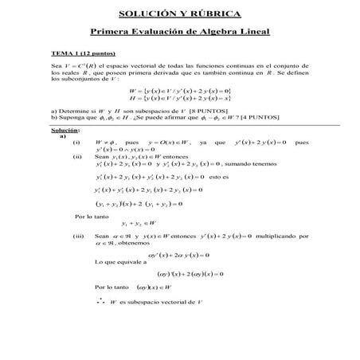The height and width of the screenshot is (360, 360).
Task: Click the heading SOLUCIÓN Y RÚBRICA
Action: point(179,14)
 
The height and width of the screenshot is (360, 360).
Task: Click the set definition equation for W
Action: point(178,91)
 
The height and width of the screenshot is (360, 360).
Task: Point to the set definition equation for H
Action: point(178,100)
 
